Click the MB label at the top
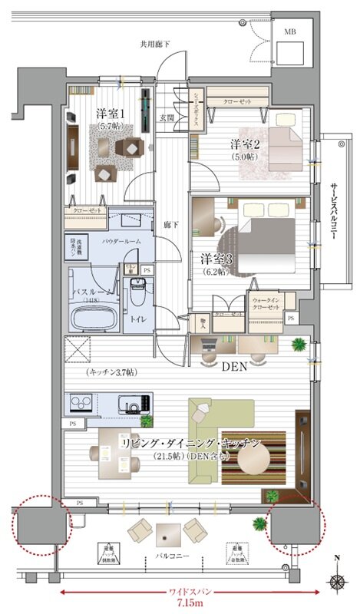pos(289,31)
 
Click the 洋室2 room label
pos(245,143)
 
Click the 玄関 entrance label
pos(167,117)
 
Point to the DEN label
pos(233,367)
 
